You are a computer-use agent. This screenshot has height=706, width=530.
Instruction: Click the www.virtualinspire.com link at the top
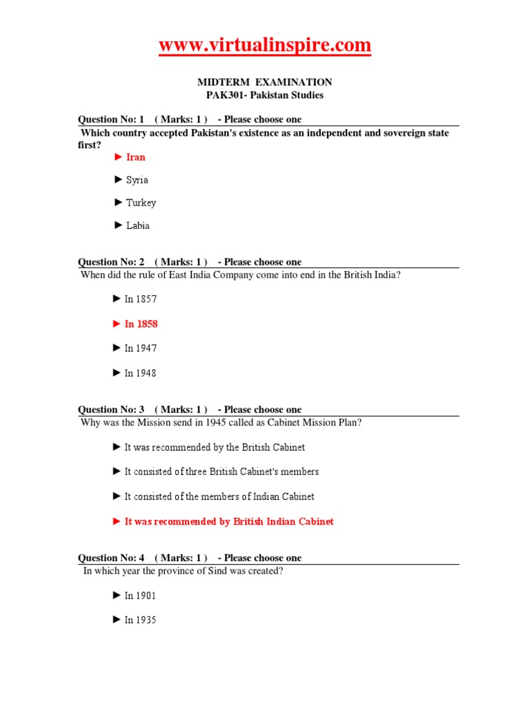[265, 46]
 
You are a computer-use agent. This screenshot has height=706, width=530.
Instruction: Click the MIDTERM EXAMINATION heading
[265, 82]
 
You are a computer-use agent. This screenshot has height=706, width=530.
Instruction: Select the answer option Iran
[135, 157]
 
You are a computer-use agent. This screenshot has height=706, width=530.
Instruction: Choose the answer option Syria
[137, 180]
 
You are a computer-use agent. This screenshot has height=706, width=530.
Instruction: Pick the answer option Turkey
[141, 203]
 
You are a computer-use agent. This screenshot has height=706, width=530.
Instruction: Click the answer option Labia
[137, 225]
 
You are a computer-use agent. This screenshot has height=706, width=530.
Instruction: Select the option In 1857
[140, 299]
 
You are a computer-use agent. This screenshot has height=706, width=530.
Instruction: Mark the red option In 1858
[141, 324]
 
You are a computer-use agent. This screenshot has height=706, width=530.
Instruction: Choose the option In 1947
[140, 348]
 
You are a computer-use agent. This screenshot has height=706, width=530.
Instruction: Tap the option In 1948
[140, 373]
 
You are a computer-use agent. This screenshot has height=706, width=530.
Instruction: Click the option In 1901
[140, 596]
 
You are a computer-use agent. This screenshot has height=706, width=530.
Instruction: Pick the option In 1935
[140, 620]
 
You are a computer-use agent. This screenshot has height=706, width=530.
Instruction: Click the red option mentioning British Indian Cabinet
[228, 522]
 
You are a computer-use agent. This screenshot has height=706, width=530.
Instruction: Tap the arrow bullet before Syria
[118, 180]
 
